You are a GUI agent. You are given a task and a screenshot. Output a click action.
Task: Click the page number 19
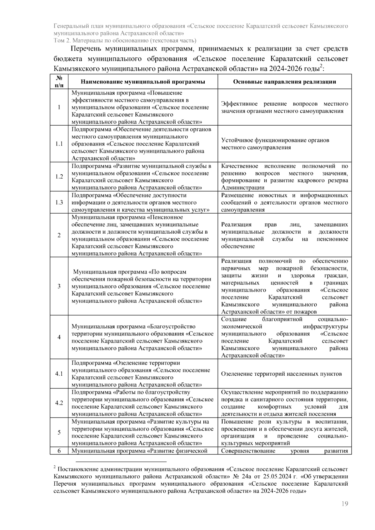[x=345, y=503]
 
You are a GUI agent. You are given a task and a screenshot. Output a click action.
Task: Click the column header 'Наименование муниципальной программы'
[x=143, y=82]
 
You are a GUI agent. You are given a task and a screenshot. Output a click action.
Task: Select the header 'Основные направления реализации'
[x=284, y=82]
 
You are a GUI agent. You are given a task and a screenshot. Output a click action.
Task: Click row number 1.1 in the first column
[x=59, y=144]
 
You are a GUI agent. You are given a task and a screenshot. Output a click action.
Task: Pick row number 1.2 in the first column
[x=59, y=176]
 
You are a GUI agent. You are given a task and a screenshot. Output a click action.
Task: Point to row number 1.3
[x=59, y=202]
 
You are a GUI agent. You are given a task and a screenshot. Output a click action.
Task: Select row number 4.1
[x=59, y=374]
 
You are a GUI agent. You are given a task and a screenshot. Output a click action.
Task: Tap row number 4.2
[x=59, y=403]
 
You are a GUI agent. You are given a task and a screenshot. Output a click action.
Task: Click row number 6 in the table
[x=59, y=451]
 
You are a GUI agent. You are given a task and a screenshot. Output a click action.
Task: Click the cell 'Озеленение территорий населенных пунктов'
[x=281, y=374]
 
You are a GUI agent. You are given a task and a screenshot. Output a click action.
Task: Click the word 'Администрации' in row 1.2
[x=242, y=188]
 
